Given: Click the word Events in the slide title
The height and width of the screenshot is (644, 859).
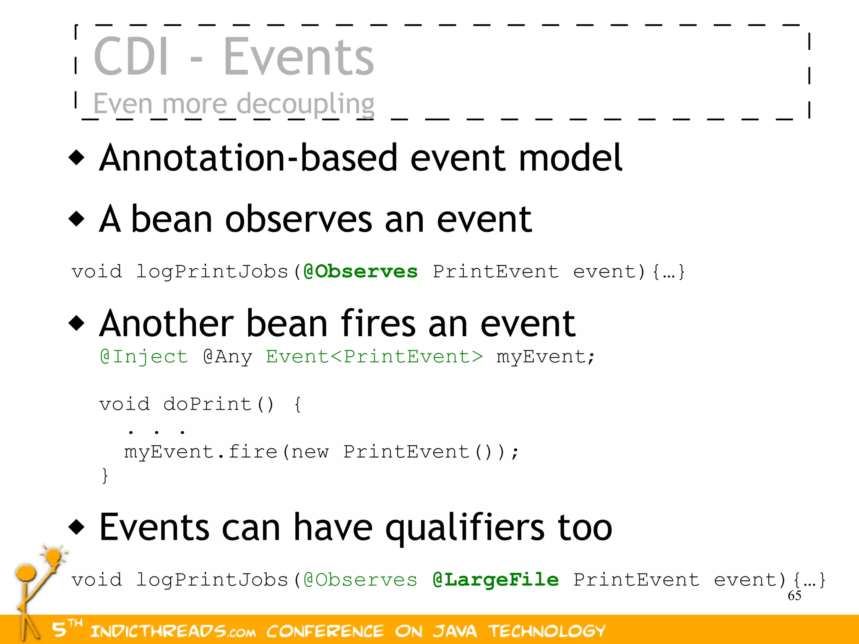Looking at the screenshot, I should click(298, 57).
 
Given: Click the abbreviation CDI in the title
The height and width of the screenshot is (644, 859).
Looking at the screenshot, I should click(131, 57).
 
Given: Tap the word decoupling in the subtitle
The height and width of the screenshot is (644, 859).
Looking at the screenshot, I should click(305, 104).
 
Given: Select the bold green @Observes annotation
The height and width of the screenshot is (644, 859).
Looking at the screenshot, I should click(361, 272).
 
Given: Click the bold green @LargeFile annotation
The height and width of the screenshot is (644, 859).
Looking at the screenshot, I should click(496, 580).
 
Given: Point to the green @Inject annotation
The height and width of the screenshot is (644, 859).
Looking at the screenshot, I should click(144, 357).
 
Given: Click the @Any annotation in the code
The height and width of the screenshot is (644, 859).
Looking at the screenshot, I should click(228, 357).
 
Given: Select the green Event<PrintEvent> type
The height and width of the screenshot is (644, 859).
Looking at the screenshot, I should click(375, 357).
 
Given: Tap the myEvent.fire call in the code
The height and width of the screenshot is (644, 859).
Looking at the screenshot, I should click(200, 452).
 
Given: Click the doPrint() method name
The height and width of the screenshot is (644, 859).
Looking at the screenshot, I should click(218, 404).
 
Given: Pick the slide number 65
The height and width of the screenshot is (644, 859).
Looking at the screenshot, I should click(794, 595).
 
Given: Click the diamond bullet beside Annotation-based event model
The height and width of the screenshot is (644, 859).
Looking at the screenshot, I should click(77, 158).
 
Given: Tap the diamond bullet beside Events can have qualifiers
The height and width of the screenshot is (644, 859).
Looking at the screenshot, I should click(77, 527).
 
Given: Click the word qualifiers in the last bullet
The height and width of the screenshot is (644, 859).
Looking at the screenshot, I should click(465, 527).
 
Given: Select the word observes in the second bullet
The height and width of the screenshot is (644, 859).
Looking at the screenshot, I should click(298, 220).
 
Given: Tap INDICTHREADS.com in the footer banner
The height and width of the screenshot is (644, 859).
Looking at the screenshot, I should click(173, 631).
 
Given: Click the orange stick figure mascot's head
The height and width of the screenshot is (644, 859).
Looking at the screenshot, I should click(26, 573).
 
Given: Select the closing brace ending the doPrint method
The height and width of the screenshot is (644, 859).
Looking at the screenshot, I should click(105, 476).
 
